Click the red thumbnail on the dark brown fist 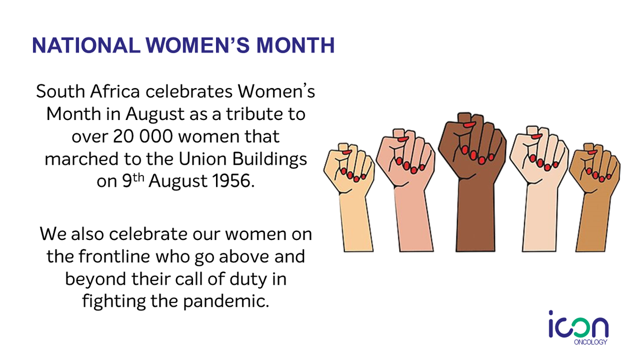[469, 124]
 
